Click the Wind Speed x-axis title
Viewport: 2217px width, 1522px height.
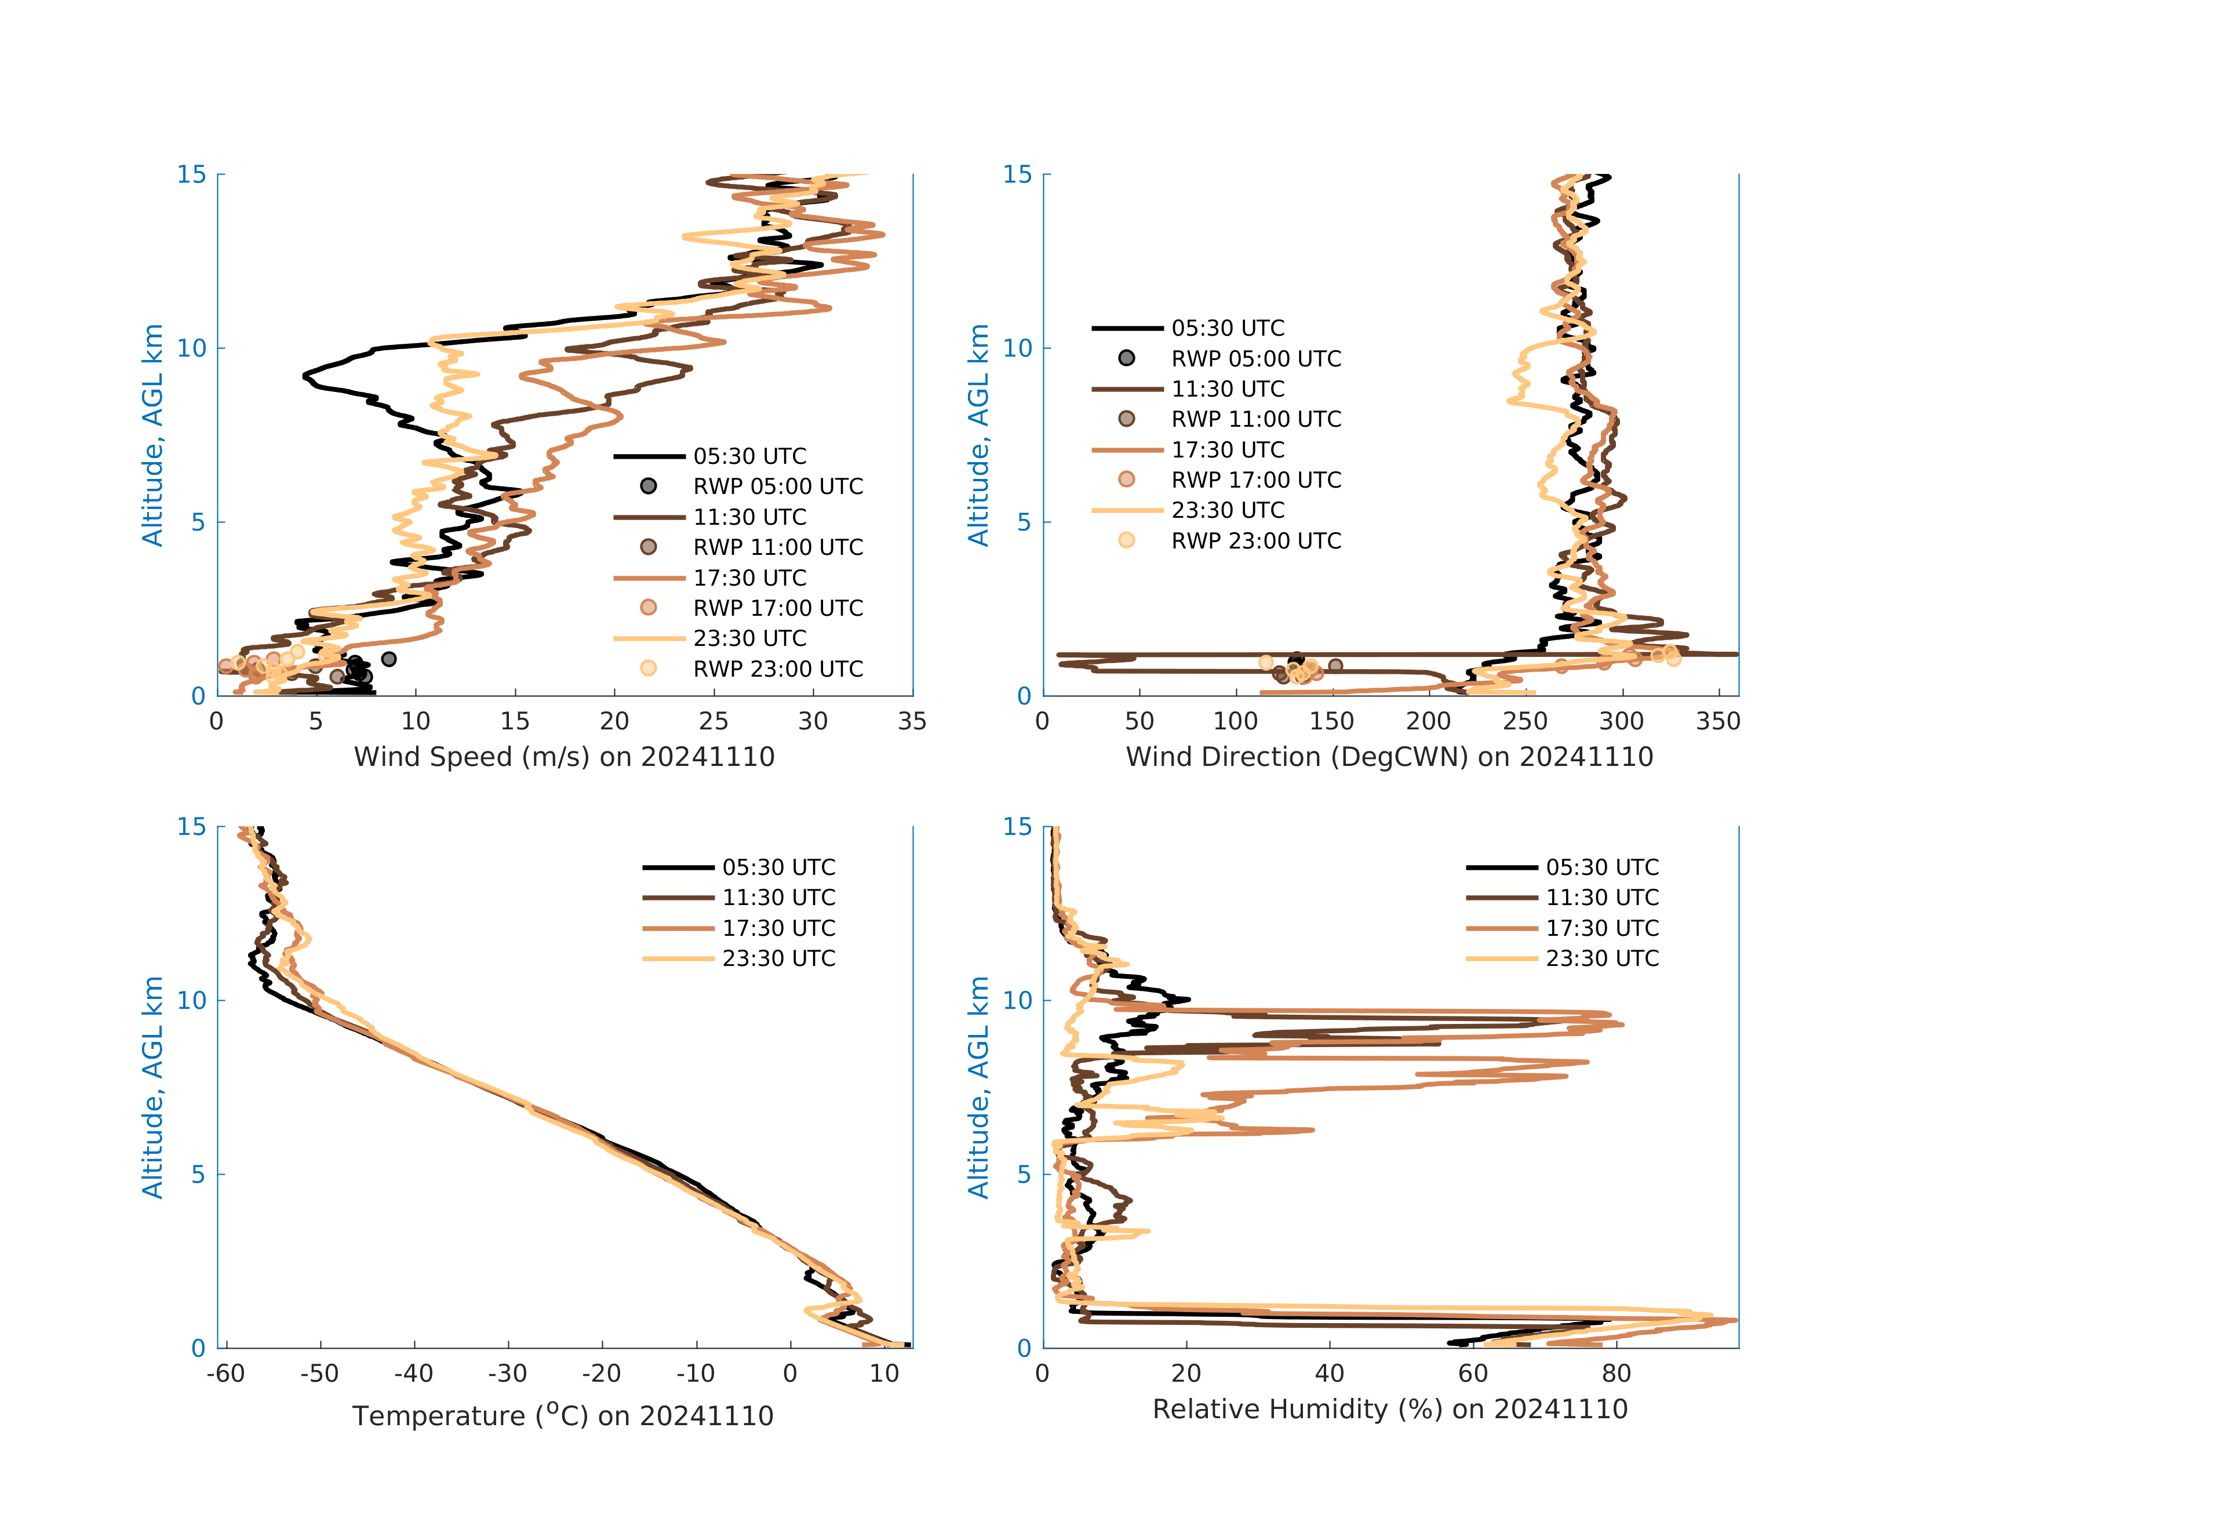[x=564, y=757]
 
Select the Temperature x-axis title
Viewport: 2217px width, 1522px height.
[x=563, y=1415]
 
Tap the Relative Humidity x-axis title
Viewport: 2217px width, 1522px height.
[x=1390, y=1410]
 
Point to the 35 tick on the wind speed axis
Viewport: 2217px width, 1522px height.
[x=912, y=721]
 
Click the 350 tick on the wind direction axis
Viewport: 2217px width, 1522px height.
[x=1718, y=721]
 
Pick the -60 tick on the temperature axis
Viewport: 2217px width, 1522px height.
[x=226, y=1374]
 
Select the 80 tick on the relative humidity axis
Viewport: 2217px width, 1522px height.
[x=1616, y=1374]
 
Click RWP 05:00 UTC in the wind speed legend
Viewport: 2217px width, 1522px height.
[x=777, y=486]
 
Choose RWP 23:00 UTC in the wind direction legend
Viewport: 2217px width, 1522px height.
[x=1255, y=541]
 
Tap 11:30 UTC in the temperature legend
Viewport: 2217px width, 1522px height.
[x=778, y=898]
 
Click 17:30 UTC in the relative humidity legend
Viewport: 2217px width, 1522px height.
[x=1601, y=928]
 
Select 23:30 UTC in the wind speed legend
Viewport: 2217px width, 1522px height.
[x=750, y=638]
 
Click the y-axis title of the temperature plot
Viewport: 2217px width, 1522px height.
[x=152, y=1087]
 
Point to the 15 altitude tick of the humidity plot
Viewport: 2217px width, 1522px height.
[x=1018, y=826]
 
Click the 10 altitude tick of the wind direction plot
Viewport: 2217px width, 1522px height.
[x=1018, y=348]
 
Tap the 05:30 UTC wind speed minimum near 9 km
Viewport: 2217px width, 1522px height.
[x=305, y=376]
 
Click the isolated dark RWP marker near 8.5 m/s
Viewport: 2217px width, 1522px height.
[x=388, y=659]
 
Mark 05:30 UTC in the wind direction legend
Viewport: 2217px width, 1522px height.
[x=1228, y=328]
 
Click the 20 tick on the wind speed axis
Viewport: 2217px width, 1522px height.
[x=614, y=721]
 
